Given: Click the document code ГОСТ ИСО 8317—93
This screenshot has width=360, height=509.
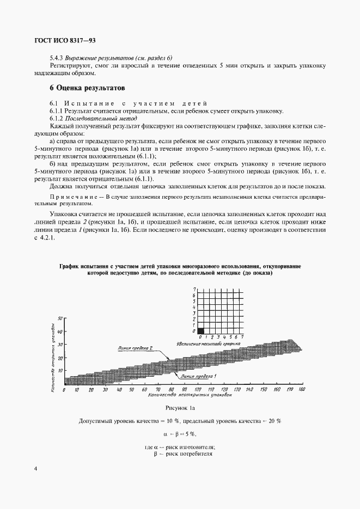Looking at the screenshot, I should (x=61, y=40).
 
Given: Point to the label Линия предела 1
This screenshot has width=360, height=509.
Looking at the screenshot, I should (x=200, y=376).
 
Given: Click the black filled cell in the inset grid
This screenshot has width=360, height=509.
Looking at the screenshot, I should (x=200, y=330).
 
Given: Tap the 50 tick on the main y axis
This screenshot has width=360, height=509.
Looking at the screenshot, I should (x=62, y=318).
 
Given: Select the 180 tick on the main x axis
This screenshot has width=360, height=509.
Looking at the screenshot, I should (x=302, y=390).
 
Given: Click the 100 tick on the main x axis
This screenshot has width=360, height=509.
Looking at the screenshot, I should (x=197, y=390).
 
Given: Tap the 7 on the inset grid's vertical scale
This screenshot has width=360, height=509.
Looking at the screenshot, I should (x=194, y=289).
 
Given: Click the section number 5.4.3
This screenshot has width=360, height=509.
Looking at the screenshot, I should (x=56, y=58).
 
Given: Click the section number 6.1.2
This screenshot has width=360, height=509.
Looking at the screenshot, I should (x=56, y=118).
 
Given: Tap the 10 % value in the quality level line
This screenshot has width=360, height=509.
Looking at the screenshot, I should (x=168, y=421).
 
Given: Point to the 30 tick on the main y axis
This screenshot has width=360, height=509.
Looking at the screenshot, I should (x=62, y=345).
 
